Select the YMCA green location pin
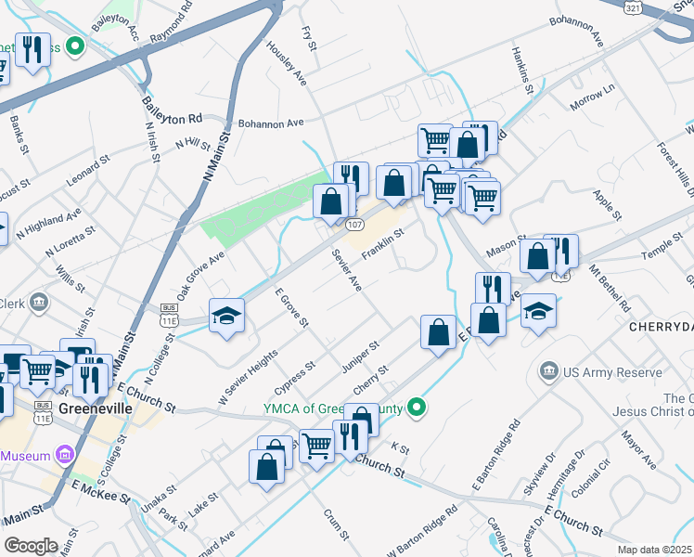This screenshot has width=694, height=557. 418,407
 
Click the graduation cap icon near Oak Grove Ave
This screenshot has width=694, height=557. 227,317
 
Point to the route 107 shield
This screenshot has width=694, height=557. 353,226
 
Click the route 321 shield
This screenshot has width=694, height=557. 633,6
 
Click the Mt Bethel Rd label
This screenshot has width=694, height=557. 609,288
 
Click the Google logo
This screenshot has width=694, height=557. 31,545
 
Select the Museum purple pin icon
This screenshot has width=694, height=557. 64,455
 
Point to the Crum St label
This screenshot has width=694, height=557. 336,524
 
